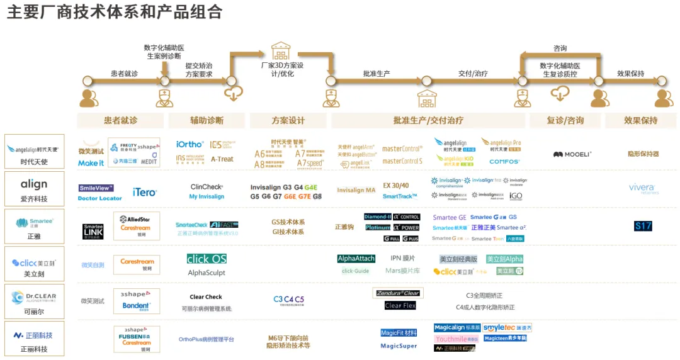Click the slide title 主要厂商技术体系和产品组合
coord(115,12)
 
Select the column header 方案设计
coord(288,120)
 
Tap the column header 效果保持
coord(640,120)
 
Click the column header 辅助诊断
coord(207,120)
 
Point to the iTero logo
coord(144,191)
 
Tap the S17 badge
coord(643,226)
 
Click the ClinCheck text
coord(207,186)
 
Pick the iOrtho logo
coord(190,145)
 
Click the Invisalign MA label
coord(356,190)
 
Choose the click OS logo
coord(207,259)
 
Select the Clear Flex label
coord(400,305)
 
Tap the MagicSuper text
coord(399,346)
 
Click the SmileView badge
coord(96,188)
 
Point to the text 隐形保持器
coord(643,154)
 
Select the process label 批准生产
coord(376,74)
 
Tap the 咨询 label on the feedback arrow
coord(560,48)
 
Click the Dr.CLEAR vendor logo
coord(34,298)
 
